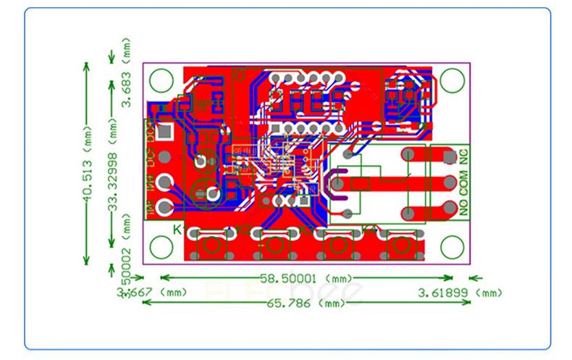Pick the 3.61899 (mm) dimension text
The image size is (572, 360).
pos(460,293)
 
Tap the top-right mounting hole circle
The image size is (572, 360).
pos(452,78)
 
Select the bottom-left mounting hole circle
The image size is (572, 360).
pos(160,245)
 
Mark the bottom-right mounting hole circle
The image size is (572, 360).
pos(452,245)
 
